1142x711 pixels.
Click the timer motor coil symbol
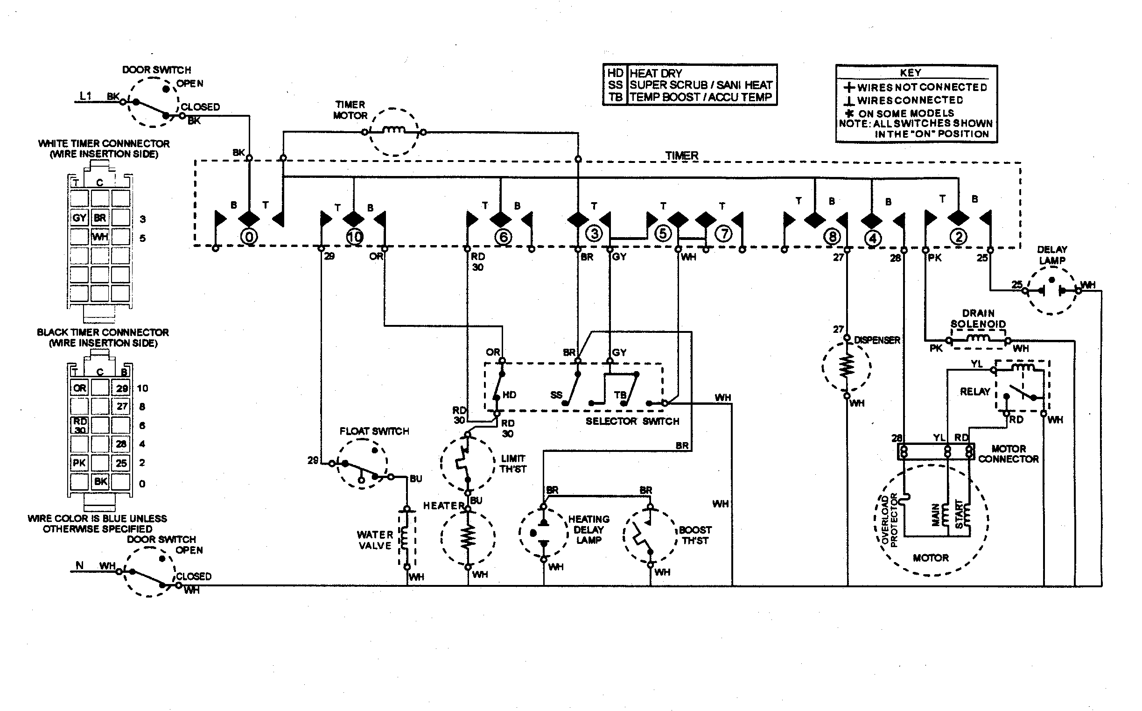coord(394,131)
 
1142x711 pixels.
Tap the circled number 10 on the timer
coord(354,237)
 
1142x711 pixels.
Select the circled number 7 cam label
coord(723,234)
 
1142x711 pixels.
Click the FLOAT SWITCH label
coord(374,431)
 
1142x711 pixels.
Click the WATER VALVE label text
coord(375,540)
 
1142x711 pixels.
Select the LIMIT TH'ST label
coord(513,464)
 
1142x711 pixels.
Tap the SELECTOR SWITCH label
coord(631,422)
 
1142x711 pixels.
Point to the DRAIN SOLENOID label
coord(978,318)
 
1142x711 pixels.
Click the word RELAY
coord(975,392)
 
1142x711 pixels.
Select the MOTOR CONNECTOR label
coord(1009,454)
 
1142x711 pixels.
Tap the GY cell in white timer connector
coord(79,218)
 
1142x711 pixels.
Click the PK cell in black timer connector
coord(79,463)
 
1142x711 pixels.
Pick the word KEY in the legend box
coord(911,73)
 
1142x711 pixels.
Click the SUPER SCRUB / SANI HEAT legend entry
coord(701,85)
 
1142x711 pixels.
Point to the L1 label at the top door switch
coord(85,96)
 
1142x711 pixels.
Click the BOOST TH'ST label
coord(694,535)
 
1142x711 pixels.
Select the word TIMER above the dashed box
coord(681,155)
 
